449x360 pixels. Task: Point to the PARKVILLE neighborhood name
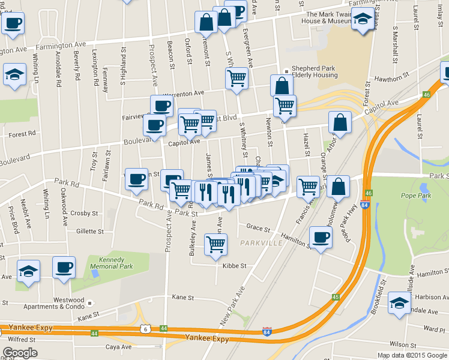pos(259,243)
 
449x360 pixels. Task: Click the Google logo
pos(20,353)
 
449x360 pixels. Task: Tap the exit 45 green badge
pos(336,296)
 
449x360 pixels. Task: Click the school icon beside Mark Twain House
pos(363,20)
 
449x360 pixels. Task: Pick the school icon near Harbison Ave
pos(399,302)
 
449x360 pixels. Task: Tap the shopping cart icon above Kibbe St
pos(215,244)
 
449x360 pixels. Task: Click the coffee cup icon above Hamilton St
pos(320,236)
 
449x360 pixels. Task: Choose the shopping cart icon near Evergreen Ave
pos(237,77)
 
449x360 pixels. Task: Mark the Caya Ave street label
pos(118,347)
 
